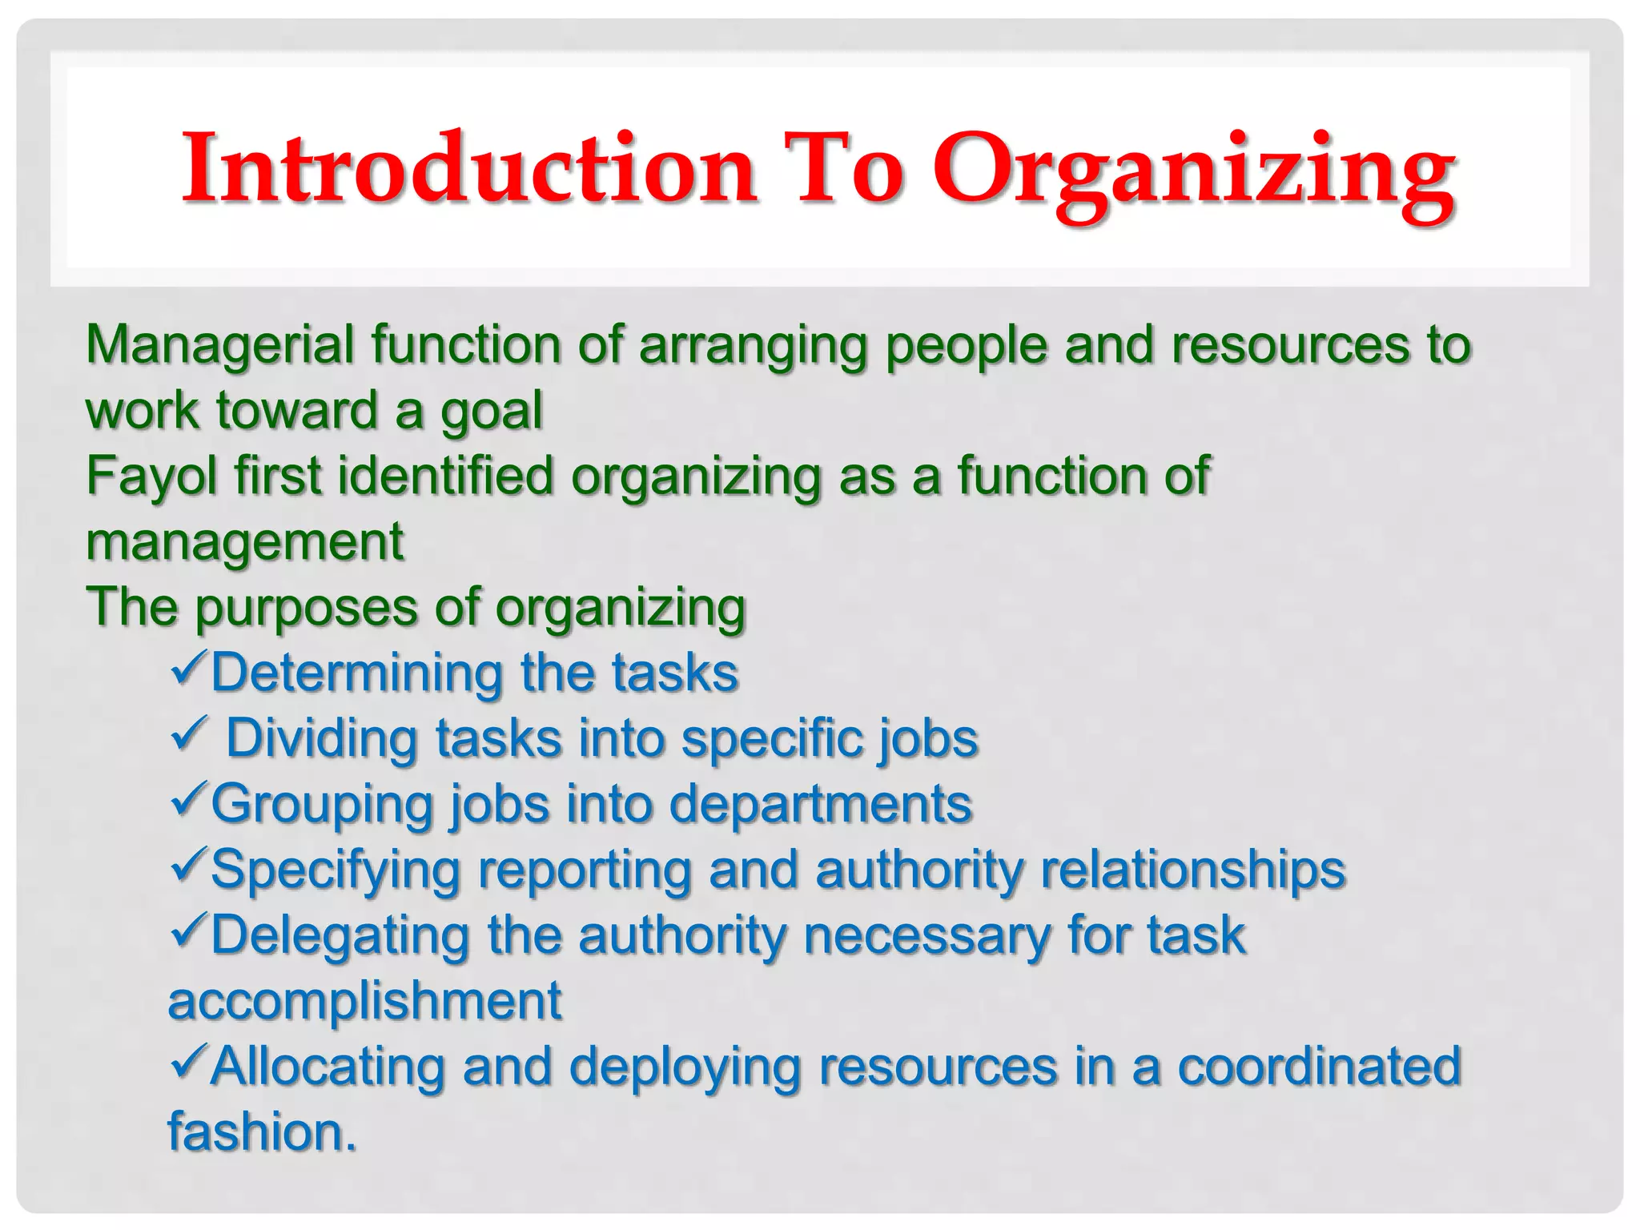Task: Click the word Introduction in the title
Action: [x=469, y=169]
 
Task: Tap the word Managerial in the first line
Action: [x=219, y=345]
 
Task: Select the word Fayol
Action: [x=151, y=477]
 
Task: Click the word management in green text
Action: [x=244, y=543]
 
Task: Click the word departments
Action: [x=820, y=805]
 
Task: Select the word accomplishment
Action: [x=364, y=1002]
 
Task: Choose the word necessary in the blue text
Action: [x=927, y=936]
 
